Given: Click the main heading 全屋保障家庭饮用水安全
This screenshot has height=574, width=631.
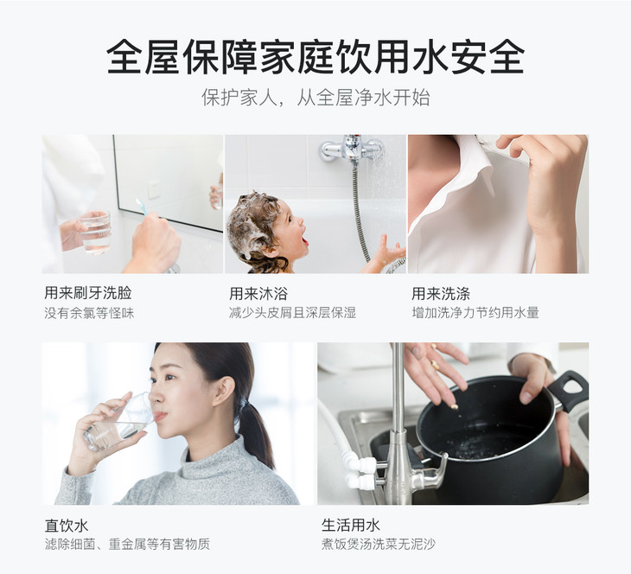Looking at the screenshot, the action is pos(315,56).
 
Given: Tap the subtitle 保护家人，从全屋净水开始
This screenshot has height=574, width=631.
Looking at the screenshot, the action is pos(315,98).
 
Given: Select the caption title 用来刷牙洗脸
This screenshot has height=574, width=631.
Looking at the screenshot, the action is pos(88,293).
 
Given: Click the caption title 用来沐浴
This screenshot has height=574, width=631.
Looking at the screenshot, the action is pos(258,294).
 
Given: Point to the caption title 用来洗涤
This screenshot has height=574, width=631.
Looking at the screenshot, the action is pos(441,294).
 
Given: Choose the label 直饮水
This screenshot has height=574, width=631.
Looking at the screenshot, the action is pos(67,526).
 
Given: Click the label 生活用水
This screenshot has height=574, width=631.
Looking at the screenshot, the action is pos(351,525).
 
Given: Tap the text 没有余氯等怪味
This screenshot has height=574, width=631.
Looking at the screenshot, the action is pos(89,313).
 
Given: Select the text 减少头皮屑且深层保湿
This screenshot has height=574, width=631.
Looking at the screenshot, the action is pos(292,312).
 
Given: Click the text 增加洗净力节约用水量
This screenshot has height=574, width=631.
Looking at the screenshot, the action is pos(475,312).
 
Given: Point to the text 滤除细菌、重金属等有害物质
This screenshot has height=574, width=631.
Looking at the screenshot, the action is pos(127,545).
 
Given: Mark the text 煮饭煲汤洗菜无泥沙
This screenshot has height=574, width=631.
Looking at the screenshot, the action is pos(379,545).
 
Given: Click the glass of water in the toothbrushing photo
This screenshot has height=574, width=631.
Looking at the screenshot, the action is pos(95,233).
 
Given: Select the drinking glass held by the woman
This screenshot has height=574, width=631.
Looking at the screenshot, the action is pos(121,423).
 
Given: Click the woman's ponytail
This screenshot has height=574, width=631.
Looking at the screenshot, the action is pos(257,435).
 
